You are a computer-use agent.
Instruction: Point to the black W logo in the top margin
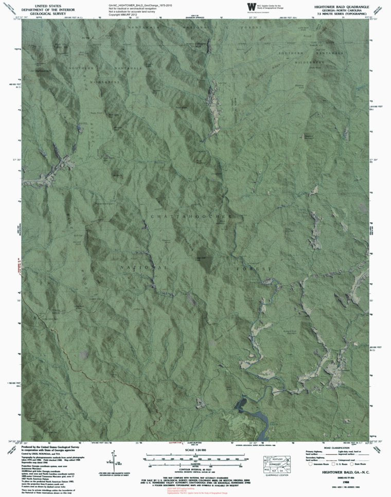click(x=251, y=6)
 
